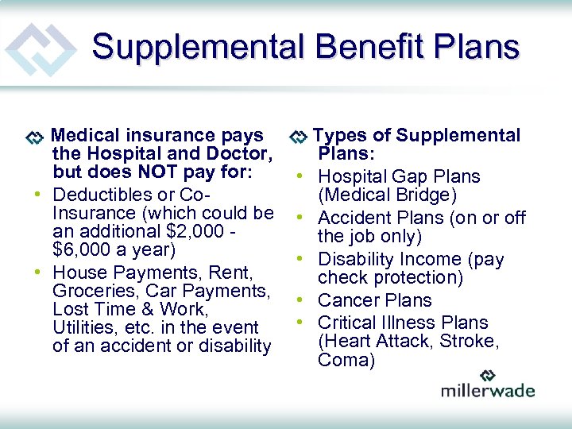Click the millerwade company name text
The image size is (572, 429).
click(488, 390)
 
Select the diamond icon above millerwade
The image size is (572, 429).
click(488, 374)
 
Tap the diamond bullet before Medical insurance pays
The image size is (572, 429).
click(34, 137)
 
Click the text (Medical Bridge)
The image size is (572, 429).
click(376, 195)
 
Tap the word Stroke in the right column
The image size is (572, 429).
click(469, 342)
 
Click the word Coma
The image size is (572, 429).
click(346, 361)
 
